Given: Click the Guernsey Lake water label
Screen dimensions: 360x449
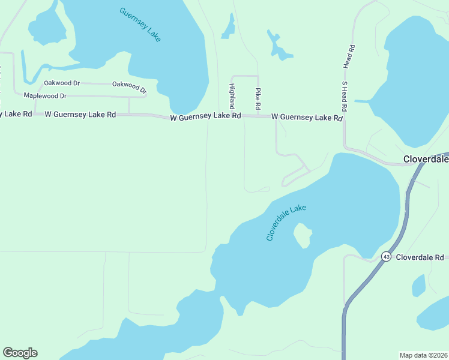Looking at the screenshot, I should [x=140, y=25].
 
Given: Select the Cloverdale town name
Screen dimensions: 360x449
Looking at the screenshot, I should [x=426, y=160].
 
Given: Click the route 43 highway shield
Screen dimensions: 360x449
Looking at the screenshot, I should [x=386, y=257].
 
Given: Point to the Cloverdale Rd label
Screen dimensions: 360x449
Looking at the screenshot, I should [x=420, y=257].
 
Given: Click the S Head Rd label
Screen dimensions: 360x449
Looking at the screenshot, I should [x=345, y=97].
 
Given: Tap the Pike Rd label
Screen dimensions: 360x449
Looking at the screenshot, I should [x=258, y=98].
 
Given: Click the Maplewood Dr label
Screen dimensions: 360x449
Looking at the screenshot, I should [x=45, y=96].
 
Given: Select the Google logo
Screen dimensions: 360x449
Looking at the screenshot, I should [x=20, y=353].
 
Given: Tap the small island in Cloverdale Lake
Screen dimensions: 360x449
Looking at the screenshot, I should [x=302, y=235].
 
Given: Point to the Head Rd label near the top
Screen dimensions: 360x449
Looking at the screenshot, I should [x=347, y=56].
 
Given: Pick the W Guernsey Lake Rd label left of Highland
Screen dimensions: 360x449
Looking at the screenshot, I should [x=205, y=117].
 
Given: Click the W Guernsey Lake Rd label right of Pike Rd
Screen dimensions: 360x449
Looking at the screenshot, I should [x=306, y=117].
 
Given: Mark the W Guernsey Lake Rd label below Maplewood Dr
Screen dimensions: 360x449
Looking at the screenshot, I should [x=80, y=114].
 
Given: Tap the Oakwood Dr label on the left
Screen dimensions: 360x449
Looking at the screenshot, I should [x=62, y=83].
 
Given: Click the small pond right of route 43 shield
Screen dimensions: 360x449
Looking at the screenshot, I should [x=418, y=285].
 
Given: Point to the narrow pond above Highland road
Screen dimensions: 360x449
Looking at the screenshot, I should [x=229, y=26].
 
